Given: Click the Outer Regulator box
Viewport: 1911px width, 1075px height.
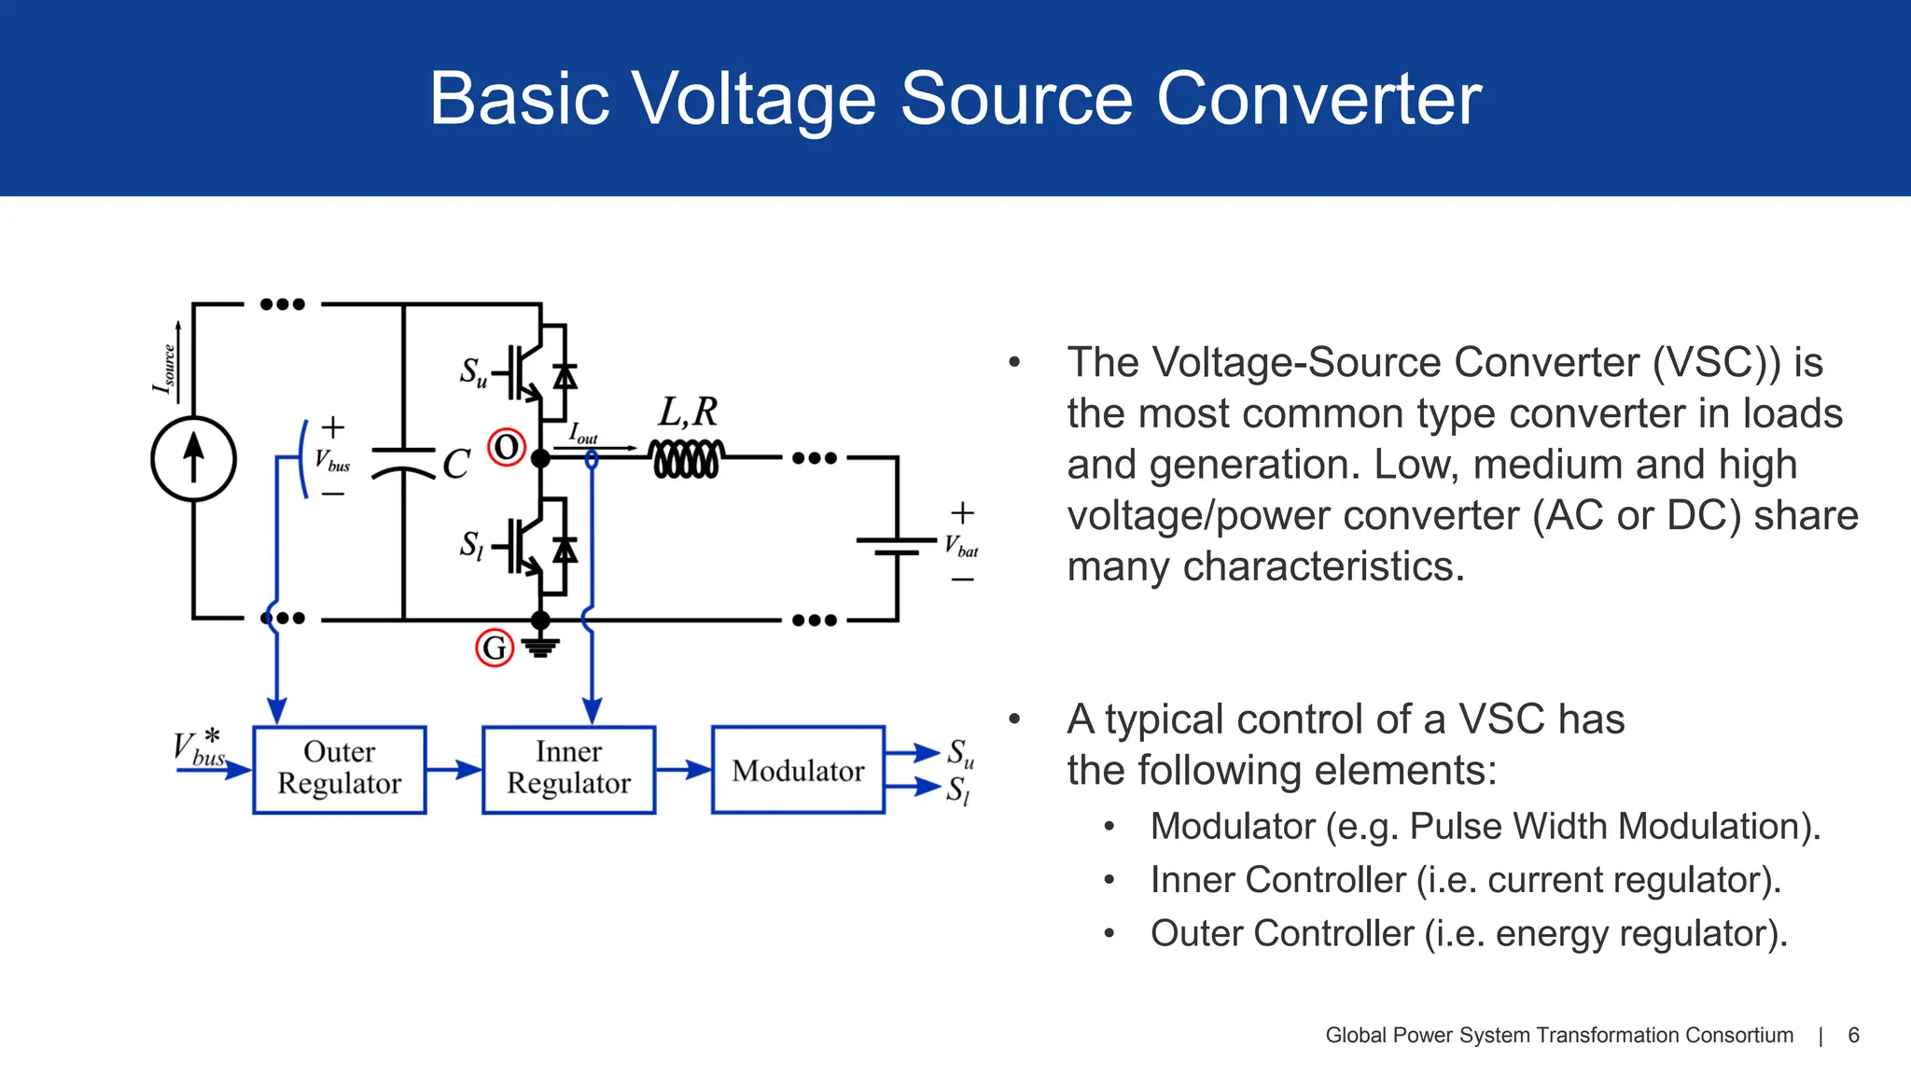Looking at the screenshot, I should [x=339, y=769].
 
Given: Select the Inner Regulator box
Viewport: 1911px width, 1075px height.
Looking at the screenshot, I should [x=568, y=769].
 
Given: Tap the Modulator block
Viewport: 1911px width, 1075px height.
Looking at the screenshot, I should [x=798, y=770].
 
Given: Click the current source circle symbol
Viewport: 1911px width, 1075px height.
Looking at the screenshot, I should [x=193, y=459].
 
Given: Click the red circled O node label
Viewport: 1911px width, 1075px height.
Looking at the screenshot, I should [x=507, y=448].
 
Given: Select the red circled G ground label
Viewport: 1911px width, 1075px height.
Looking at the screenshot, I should [x=495, y=648].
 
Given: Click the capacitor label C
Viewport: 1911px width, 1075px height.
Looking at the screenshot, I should [x=455, y=464].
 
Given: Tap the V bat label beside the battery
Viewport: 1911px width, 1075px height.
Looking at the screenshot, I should [x=961, y=546].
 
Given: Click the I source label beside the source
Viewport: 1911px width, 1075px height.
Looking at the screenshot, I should [x=164, y=369].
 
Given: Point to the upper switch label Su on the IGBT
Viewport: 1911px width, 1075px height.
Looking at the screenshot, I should [x=473, y=372].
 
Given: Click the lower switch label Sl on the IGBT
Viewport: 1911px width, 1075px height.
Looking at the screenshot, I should [x=472, y=545].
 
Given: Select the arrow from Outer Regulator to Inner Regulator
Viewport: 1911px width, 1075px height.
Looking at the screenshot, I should [x=453, y=770].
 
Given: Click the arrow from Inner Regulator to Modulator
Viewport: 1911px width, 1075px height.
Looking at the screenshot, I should [x=683, y=770].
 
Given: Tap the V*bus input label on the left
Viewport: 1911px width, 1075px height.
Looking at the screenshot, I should [x=200, y=748].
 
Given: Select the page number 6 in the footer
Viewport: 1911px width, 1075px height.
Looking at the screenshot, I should [x=1853, y=1035].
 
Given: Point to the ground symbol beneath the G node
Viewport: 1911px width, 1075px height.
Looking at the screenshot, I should [x=540, y=647].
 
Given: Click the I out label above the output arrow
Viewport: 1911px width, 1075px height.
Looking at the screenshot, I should [x=583, y=434].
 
